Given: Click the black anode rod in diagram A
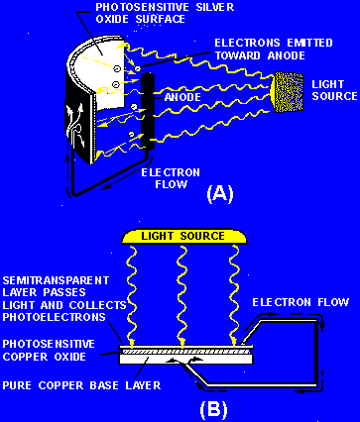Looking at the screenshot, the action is [x=148, y=112].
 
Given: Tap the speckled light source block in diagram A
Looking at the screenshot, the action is [x=287, y=93].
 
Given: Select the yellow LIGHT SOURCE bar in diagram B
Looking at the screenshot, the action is [x=183, y=237].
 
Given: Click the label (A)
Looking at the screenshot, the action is [x=220, y=194].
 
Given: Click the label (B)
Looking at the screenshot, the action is [x=213, y=408].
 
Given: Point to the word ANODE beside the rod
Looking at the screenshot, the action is [x=182, y=97].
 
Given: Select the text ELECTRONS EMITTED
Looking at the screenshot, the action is [x=274, y=43].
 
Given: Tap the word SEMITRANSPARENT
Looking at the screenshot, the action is [x=56, y=280].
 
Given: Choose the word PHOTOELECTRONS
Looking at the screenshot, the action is [x=55, y=317].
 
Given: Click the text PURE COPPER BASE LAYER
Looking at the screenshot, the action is [x=81, y=385].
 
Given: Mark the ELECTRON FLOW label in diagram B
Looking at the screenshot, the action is [x=300, y=302].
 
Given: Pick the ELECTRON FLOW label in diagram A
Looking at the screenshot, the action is [x=171, y=178].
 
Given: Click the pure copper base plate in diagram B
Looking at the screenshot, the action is [x=185, y=359].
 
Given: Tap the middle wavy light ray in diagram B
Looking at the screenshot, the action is [x=181, y=295].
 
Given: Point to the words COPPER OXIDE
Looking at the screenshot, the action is [x=45, y=357].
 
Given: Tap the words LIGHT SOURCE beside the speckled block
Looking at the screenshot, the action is [x=334, y=90].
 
